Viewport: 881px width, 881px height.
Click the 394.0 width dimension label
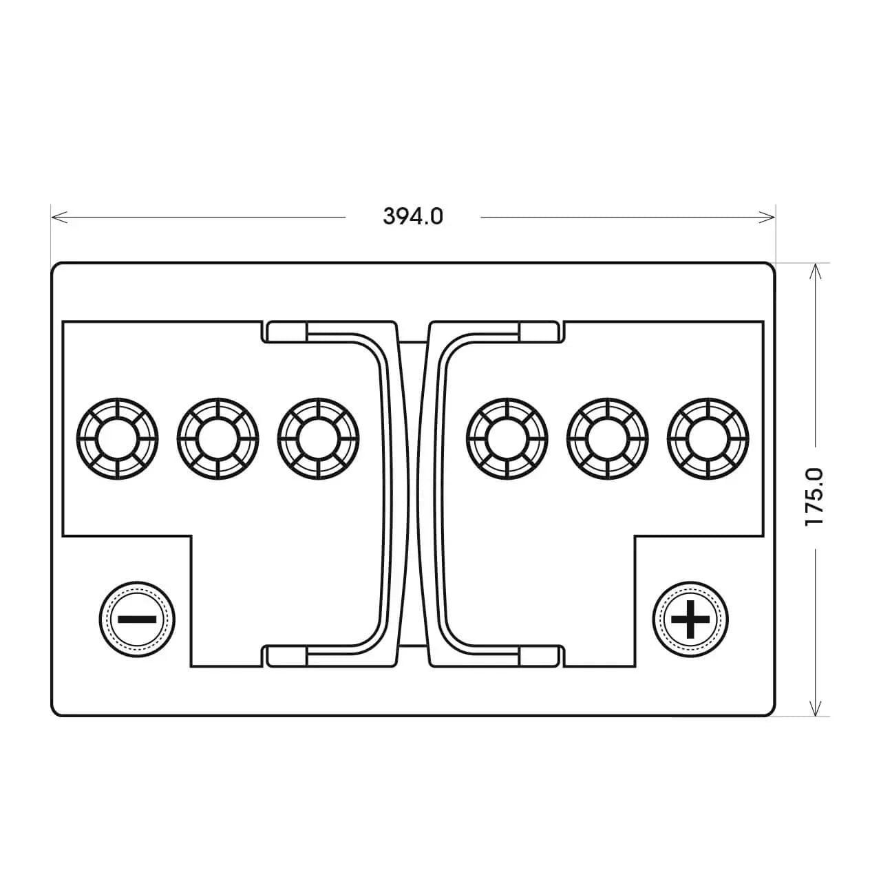point(413,216)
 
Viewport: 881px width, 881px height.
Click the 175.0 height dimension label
point(814,496)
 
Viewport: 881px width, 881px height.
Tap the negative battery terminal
point(137,619)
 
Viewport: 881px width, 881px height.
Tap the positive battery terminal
point(690,619)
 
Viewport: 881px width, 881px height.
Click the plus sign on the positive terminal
point(690,619)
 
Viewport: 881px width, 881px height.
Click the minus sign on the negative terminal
point(137,619)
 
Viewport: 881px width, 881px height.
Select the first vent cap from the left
point(118,439)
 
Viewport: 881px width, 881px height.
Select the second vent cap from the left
point(218,439)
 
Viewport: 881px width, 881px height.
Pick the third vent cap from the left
point(318,439)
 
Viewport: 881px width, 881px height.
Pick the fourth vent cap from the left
point(507,439)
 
